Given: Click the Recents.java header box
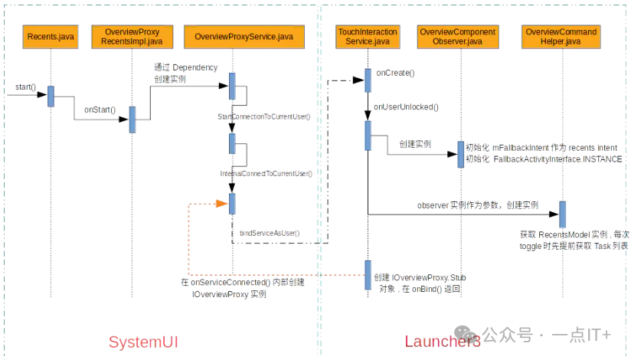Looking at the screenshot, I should (x=51, y=36).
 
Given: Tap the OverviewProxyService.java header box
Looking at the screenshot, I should (x=244, y=36).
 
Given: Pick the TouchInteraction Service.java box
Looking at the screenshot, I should (x=368, y=36).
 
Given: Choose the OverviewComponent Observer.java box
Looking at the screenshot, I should (x=457, y=36).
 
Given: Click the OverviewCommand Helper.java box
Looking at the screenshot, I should (x=561, y=36).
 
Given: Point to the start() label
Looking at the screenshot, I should (x=25, y=87).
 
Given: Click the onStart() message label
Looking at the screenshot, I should (x=100, y=110).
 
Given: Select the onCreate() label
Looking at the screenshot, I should (x=395, y=74).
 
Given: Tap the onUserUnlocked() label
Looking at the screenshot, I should (x=406, y=107).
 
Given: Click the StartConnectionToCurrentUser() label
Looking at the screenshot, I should (x=263, y=116).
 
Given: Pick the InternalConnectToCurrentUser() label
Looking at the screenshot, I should (x=266, y=174).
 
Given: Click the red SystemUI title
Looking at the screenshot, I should (x=143, y=341).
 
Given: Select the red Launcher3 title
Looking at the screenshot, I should (x=442, y=342).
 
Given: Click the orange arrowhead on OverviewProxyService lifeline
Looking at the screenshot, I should (x=223, y=204).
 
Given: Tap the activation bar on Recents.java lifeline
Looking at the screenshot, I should (x=51, y=96).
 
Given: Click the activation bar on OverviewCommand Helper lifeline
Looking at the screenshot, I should (x=562, y=214).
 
